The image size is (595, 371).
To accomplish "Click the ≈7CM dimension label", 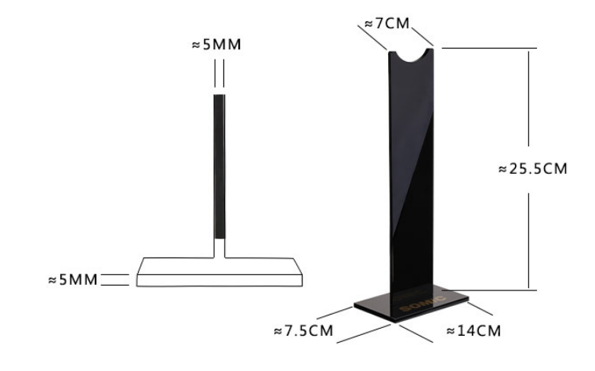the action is coord(387,23).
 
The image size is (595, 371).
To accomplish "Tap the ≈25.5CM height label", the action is coord(533,168).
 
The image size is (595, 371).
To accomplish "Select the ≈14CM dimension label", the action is coord(474,331).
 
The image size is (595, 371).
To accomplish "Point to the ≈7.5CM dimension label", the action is coord(303,331).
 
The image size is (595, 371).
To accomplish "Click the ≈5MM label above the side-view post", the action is coord(216,45).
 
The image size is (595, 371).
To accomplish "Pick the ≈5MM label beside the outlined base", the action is coord(73,279).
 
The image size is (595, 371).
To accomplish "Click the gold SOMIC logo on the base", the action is coord(423,304).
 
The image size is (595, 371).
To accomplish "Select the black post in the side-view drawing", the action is coord(219,167).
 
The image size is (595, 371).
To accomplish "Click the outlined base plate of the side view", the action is coord(219,272).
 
